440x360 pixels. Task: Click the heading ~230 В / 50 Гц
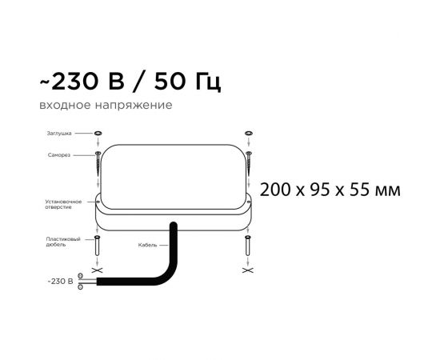[x=130, y=82]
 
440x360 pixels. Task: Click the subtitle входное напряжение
[x=106, y=106]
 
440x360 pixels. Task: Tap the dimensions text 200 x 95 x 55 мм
[x=330, y=190]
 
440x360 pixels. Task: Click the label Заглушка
[x=59, y=134]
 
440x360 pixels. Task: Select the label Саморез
[x=59, y=155]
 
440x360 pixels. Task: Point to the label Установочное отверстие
[x=63, y=204]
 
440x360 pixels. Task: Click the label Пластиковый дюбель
[x=63, y=242]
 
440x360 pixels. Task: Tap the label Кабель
[x=147, y=245]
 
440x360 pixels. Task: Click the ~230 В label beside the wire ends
[x=60, y=281]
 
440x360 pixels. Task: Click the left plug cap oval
[x=98, y=133]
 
